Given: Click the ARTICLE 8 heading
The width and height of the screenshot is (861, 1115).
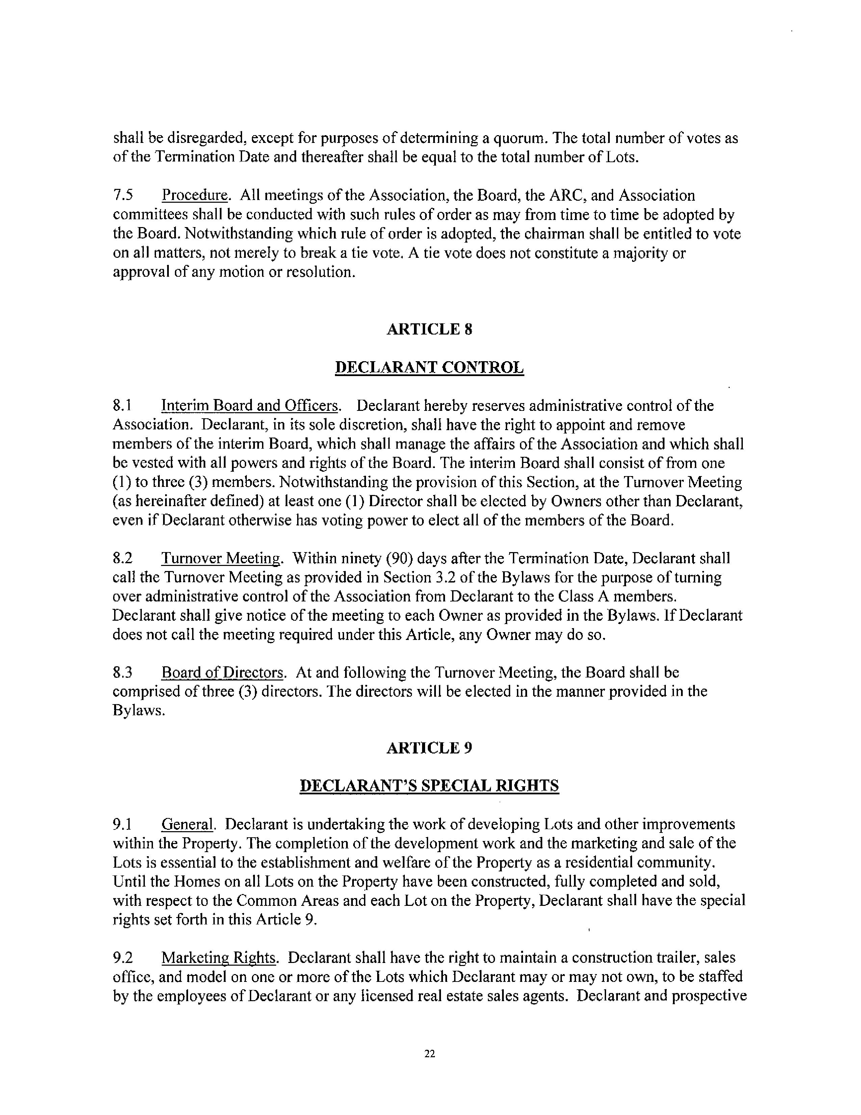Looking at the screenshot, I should click(429, 329).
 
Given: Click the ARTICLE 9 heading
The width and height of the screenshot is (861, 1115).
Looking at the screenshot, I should click(429, 748).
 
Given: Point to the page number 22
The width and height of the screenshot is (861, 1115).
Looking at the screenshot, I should click(429, 1054).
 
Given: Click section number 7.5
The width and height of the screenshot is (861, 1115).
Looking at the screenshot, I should click(123, 196).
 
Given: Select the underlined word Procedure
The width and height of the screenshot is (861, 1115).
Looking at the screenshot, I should click(195, 196).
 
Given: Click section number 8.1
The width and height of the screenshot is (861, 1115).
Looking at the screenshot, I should click(123, 406).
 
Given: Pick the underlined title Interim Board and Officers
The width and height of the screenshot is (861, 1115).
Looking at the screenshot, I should click(250, 406).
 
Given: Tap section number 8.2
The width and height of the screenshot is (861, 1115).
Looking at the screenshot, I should click(123, 558).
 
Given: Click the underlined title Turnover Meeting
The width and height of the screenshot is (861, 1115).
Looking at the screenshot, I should click(221, 558).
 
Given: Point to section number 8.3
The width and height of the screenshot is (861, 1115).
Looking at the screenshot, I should click(123, 672).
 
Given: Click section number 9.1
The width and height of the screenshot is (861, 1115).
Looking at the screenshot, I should click(123, 824).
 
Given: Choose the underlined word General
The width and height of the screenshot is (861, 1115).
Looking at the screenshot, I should click(187, 824).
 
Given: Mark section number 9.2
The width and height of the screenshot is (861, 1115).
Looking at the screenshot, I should click(123, 958).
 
